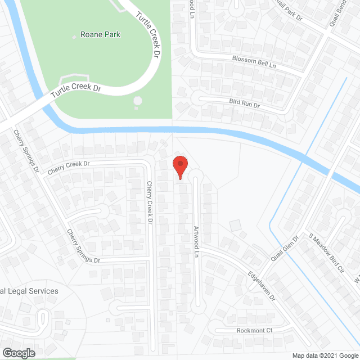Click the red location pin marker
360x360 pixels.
tap(179, 167)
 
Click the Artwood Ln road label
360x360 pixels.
tap(196, 242)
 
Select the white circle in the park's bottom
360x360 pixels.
tap(138, 101)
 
